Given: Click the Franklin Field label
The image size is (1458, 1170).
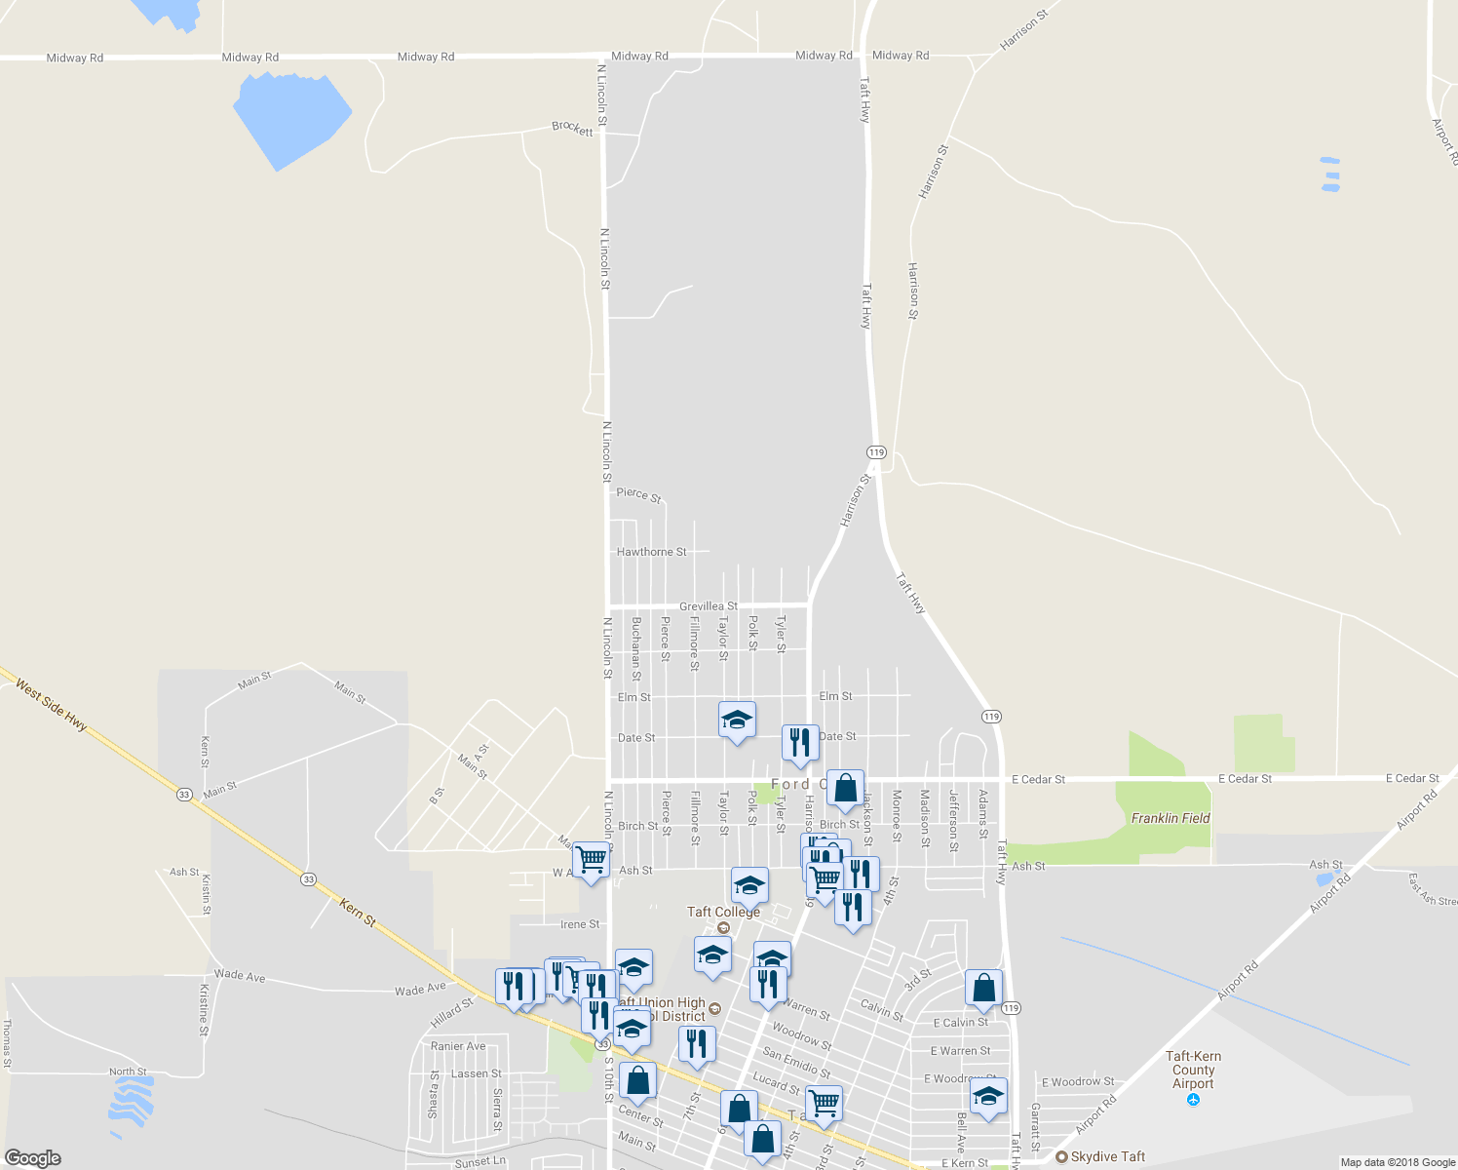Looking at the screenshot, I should pos(1170,818).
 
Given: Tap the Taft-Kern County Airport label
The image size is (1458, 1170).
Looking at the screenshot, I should pos(1193,1070).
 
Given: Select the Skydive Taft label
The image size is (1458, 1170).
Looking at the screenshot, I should pos(1107,1156).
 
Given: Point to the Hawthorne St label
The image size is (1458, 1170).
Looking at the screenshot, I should pos(651,552).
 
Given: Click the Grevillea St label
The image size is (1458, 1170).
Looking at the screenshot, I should pos(708,606).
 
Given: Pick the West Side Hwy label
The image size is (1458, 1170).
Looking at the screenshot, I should pos(52,705).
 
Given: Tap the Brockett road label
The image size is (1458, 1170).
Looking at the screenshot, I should pos(572,128).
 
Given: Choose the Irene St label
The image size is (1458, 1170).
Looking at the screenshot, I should pos(580,924).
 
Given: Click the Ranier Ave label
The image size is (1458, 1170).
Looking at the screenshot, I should pos(458,1046).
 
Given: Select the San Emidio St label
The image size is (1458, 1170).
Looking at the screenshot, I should pos(796,1062).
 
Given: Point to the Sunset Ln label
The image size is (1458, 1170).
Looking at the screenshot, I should pos(480,1162).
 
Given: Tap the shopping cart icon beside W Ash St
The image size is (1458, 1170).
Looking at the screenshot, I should pos(591,861).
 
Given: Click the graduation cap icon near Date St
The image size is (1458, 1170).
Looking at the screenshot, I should pos(737,721).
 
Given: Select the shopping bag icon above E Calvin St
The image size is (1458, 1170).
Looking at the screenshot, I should pos(983,988).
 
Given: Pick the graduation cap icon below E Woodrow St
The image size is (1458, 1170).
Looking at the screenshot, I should pos(988,1096).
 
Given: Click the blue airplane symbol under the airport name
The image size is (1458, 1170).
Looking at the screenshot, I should pos(1193,1100).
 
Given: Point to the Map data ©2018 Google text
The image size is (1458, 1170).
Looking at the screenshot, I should pos(1398,1162).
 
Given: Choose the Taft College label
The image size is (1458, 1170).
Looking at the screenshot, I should pos(723,912).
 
